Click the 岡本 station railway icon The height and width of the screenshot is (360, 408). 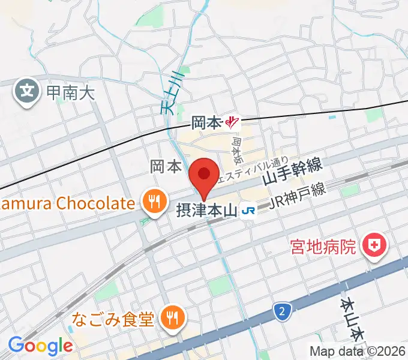[232, 124]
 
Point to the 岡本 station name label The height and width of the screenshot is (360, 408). [206, 124]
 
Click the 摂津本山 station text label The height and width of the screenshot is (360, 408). [206, 211]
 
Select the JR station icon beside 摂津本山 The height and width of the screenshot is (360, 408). [247, 211]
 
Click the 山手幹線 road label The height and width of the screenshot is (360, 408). [292, 172]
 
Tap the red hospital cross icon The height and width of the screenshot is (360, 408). [376, 245]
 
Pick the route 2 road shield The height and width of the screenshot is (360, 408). [280, 311]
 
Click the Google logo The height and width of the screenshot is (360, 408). [40, 346]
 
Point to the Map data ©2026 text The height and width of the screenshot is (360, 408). [358, 351]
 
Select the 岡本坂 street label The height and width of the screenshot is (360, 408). [237, 150]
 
